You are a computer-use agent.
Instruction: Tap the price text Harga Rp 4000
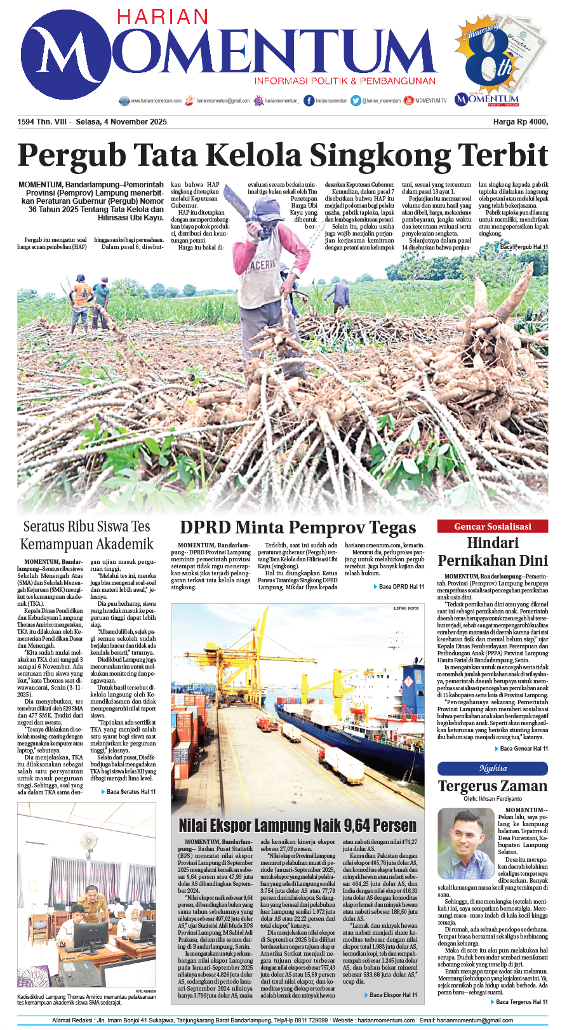coord(520,122)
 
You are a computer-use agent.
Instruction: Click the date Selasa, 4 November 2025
coord(121,122)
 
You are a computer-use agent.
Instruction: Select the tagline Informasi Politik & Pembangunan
coord(345,81)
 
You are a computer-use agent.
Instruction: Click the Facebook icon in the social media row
coord(309,100)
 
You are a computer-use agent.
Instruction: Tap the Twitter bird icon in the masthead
coord(356,100)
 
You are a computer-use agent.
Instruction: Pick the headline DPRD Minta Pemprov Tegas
coord(298,527)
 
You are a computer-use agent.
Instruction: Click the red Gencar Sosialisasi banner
coord(492,526)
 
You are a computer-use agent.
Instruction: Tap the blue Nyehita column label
coord(492,768)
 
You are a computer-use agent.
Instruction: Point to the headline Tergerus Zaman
coord(492,786)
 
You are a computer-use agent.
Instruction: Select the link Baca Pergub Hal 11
coord(523,246)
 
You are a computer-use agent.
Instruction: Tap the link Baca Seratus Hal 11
coord(130,792)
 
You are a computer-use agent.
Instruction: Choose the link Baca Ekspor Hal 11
coord(393,995)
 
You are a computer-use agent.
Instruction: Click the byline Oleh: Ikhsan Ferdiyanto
coord(492,799)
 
